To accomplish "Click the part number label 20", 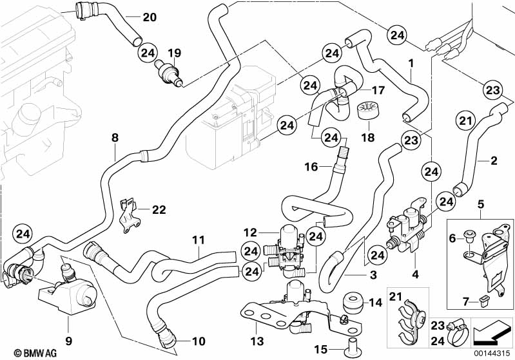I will click(149, 16).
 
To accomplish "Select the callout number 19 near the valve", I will click(173, 52).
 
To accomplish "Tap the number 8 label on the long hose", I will click(115, 137).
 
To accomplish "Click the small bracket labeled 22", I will click(131, 213).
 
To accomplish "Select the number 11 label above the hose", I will click(199, 240).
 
